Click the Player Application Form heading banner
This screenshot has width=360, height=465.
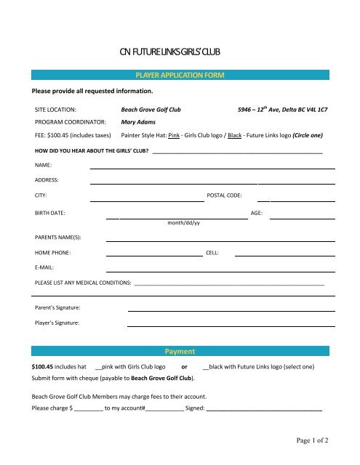180,76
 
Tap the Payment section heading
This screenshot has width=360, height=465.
180,351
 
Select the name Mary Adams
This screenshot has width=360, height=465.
138,122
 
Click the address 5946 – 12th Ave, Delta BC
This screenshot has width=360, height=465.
282,109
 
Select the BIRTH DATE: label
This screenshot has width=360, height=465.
50,214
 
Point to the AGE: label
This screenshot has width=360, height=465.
256,214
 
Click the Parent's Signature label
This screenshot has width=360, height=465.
57,308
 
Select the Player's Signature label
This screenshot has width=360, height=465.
57,322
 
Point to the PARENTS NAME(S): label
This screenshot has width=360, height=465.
57,237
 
